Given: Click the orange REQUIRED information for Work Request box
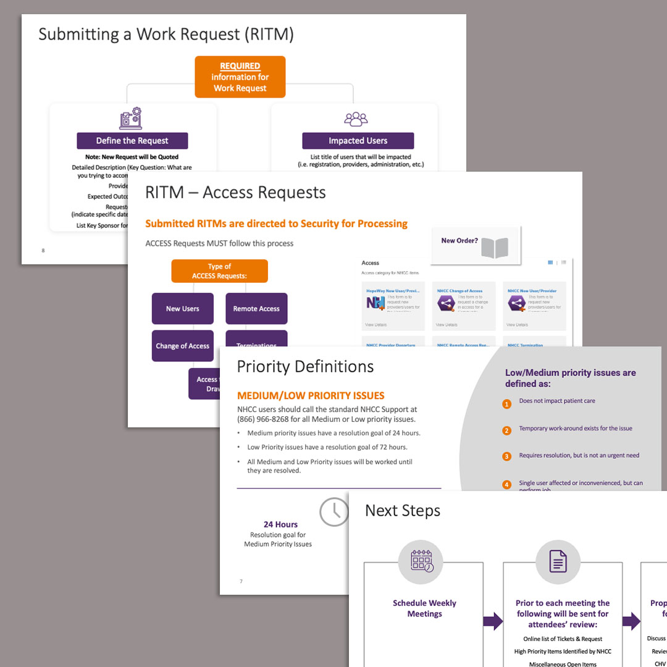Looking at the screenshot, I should tap(240, 77).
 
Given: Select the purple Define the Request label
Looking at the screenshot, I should tap(132, 141).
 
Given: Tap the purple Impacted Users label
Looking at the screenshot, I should tap(358, 141).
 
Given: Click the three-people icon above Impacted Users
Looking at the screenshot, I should tap(356, 119).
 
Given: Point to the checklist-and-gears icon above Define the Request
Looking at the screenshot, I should tap(130, 119).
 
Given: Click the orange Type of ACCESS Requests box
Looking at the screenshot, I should tap(219, 271).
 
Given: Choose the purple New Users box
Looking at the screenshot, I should tap(182, 309).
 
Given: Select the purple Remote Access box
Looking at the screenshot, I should tap(256, 309).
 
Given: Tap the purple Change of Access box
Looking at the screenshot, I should tap(182, 346).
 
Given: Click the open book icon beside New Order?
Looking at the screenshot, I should tap(494, 247).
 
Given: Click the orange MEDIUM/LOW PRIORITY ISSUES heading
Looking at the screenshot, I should tap(311, 396).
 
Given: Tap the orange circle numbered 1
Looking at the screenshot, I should tap(507, 405).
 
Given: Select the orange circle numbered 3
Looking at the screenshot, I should tap(507, 457).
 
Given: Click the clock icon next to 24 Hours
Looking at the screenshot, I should tap(334, 512).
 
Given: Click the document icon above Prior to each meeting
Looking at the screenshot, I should tap(558, 561).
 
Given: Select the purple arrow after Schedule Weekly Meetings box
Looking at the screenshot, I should tap(493, 621).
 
